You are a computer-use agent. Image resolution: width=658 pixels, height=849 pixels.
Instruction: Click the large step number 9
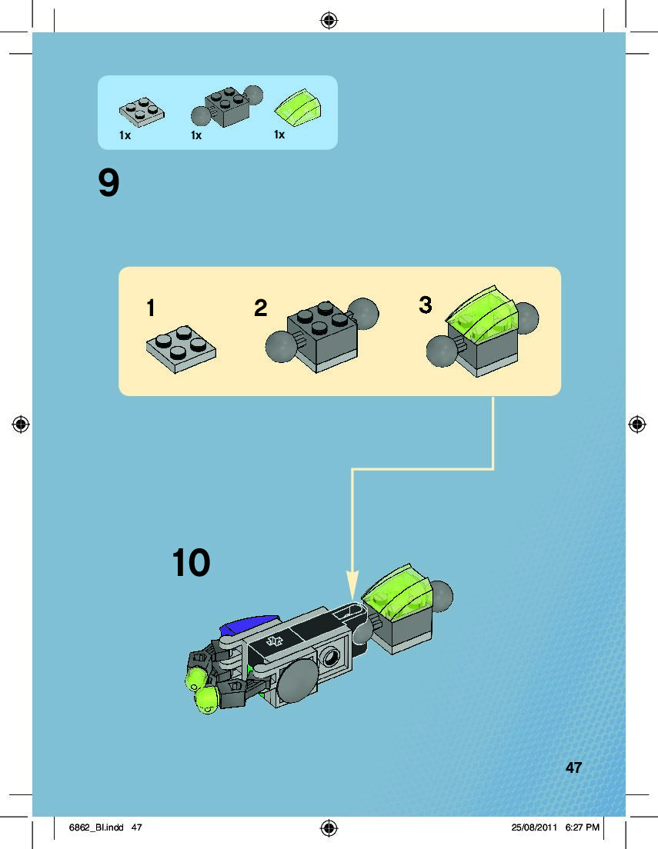[x=109, y=183]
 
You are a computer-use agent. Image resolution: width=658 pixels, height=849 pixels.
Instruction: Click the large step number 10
[x=191, y=563]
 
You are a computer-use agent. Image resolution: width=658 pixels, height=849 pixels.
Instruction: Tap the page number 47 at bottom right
[x=573, y=767]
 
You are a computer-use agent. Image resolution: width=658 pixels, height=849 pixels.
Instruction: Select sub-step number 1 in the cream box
[x=151, y=308]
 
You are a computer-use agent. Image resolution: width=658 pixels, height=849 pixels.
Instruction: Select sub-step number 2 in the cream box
[x=261, y=308]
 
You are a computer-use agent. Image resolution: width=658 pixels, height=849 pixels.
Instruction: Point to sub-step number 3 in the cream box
[x=426, y=305]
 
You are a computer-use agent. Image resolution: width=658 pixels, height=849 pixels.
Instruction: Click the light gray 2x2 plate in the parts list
[x=142, y=112]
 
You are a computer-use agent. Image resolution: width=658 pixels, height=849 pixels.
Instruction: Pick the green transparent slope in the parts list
[x=299, y=108]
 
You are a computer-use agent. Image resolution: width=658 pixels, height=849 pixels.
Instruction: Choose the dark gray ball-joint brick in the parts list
[x=226, y=106]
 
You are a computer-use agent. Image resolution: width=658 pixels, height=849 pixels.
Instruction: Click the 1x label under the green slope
[x=279, y=135]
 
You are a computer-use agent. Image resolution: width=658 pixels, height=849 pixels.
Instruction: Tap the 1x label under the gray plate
[x=125, y=135]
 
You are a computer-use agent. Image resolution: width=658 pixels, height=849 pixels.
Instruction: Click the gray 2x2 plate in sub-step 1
[x=181, y=349]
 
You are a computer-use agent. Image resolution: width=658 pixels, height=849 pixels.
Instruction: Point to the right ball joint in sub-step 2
[x=363, y=314]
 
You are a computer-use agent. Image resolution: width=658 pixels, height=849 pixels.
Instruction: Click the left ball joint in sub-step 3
[x=442, y=351]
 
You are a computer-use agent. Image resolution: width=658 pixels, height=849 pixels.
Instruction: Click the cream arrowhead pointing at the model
[x=352, y=584]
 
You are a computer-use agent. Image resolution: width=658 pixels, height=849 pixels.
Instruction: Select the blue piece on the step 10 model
[x=249, y=624]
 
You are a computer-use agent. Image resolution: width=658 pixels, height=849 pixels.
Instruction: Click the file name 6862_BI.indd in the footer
[x=96, y=827]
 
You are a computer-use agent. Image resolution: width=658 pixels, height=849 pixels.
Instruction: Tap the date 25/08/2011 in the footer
[x=534, y=827]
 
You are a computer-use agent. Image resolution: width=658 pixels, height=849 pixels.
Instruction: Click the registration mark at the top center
[x=329, y=21]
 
